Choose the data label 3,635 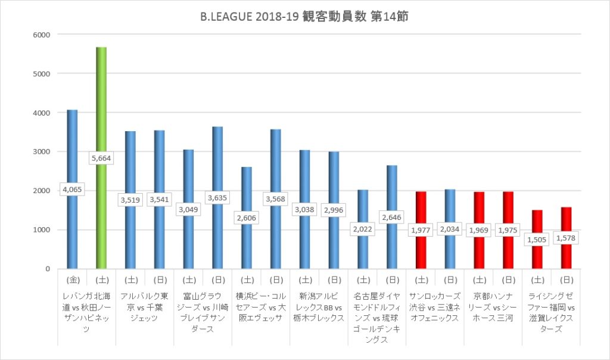click(x=217, y=197)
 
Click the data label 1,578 click(x=567, y=237)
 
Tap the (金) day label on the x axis click(x=72, y=279)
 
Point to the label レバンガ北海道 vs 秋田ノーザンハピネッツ click(x=86, y=312)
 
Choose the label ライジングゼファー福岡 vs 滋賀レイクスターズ click(x=552, y=312)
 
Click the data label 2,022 click(x=363, y=228)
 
